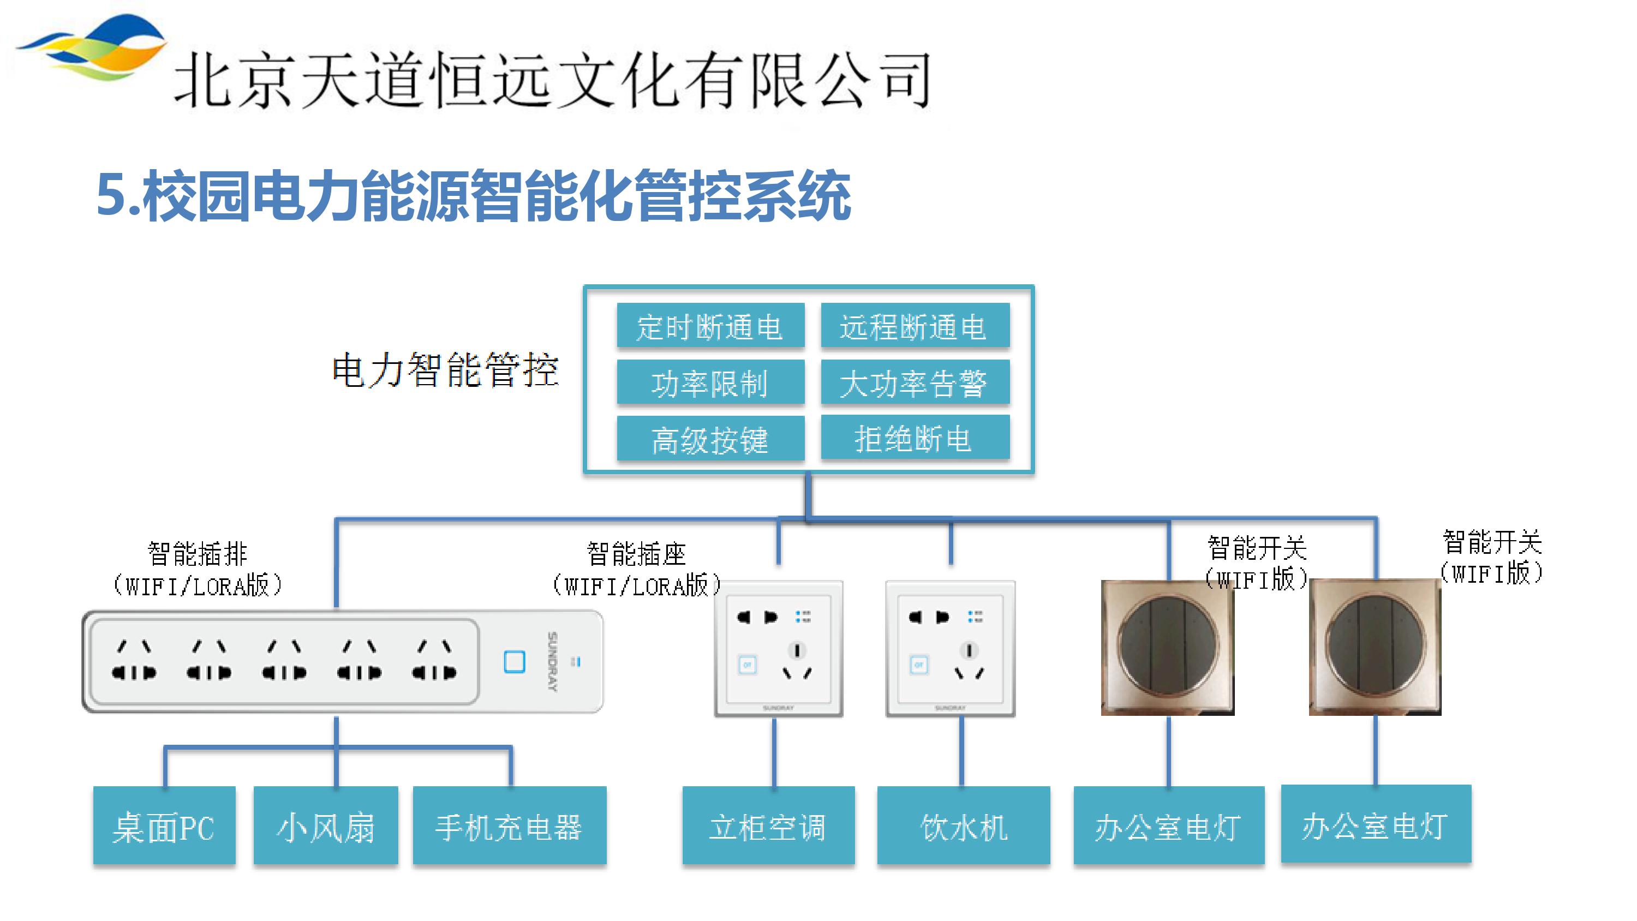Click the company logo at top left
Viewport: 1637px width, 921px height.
[x=92, y=47]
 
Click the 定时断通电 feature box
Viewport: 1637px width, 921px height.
[x=710, y=327]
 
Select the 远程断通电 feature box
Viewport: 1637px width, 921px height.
[x=915, y=327]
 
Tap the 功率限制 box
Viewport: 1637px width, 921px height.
[x=710, y=382]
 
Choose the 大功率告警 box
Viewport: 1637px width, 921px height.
[x=915, y=382]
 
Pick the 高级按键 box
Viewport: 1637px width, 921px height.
[x=710, y=439]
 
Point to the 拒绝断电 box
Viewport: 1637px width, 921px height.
[x=915, y=438]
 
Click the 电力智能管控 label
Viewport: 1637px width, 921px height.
[x=445, y=370]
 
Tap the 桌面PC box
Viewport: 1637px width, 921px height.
[x=164, y=826]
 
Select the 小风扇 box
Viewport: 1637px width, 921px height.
[x=325, y=826]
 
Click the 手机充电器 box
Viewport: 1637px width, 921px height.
[x=509, y=826]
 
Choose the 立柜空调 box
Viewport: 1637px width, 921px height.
[x=768, y=826]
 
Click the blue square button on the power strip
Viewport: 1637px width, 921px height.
[x=514, y=662]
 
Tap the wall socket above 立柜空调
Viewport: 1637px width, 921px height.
[x=779, y=648]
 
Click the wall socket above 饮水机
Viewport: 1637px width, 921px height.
[x=950, y=648]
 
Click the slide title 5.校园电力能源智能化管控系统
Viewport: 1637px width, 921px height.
[x=474, y=196]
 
